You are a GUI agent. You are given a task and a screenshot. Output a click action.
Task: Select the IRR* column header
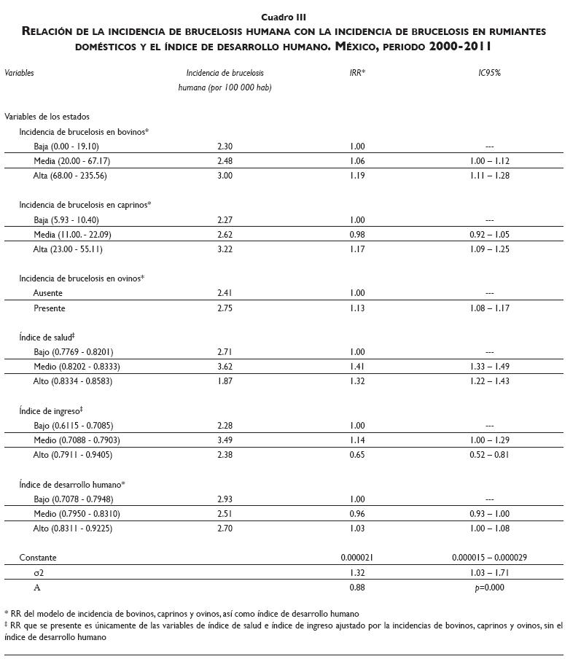point(357,73)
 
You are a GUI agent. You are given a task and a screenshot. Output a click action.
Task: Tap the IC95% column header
point(489,73)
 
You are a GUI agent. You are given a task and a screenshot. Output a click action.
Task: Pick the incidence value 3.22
point(225,249)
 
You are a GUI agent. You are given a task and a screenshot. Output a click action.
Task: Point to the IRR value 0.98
point(357,235)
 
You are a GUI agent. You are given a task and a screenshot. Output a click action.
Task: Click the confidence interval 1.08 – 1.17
point(489,308)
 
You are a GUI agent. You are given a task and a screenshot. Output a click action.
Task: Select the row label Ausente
point(48,293)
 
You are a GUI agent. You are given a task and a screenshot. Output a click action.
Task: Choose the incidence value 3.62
point(225,367)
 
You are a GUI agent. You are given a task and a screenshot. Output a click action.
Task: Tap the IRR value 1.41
point(357,367)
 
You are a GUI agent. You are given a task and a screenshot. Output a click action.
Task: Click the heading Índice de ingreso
point(55,411)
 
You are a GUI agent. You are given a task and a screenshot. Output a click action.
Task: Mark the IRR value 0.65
point(357,455)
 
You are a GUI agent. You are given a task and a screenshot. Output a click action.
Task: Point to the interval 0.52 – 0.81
point(489,455)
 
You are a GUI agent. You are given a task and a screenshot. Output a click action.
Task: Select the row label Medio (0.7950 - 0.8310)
point(77,514)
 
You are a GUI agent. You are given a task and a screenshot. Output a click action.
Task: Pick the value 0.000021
point(357,558)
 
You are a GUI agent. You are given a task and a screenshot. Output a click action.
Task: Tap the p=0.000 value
point(489,588)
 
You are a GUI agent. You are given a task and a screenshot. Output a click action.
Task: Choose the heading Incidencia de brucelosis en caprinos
point(85,206)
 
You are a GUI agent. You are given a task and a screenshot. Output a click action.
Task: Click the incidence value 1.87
point(225,381)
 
